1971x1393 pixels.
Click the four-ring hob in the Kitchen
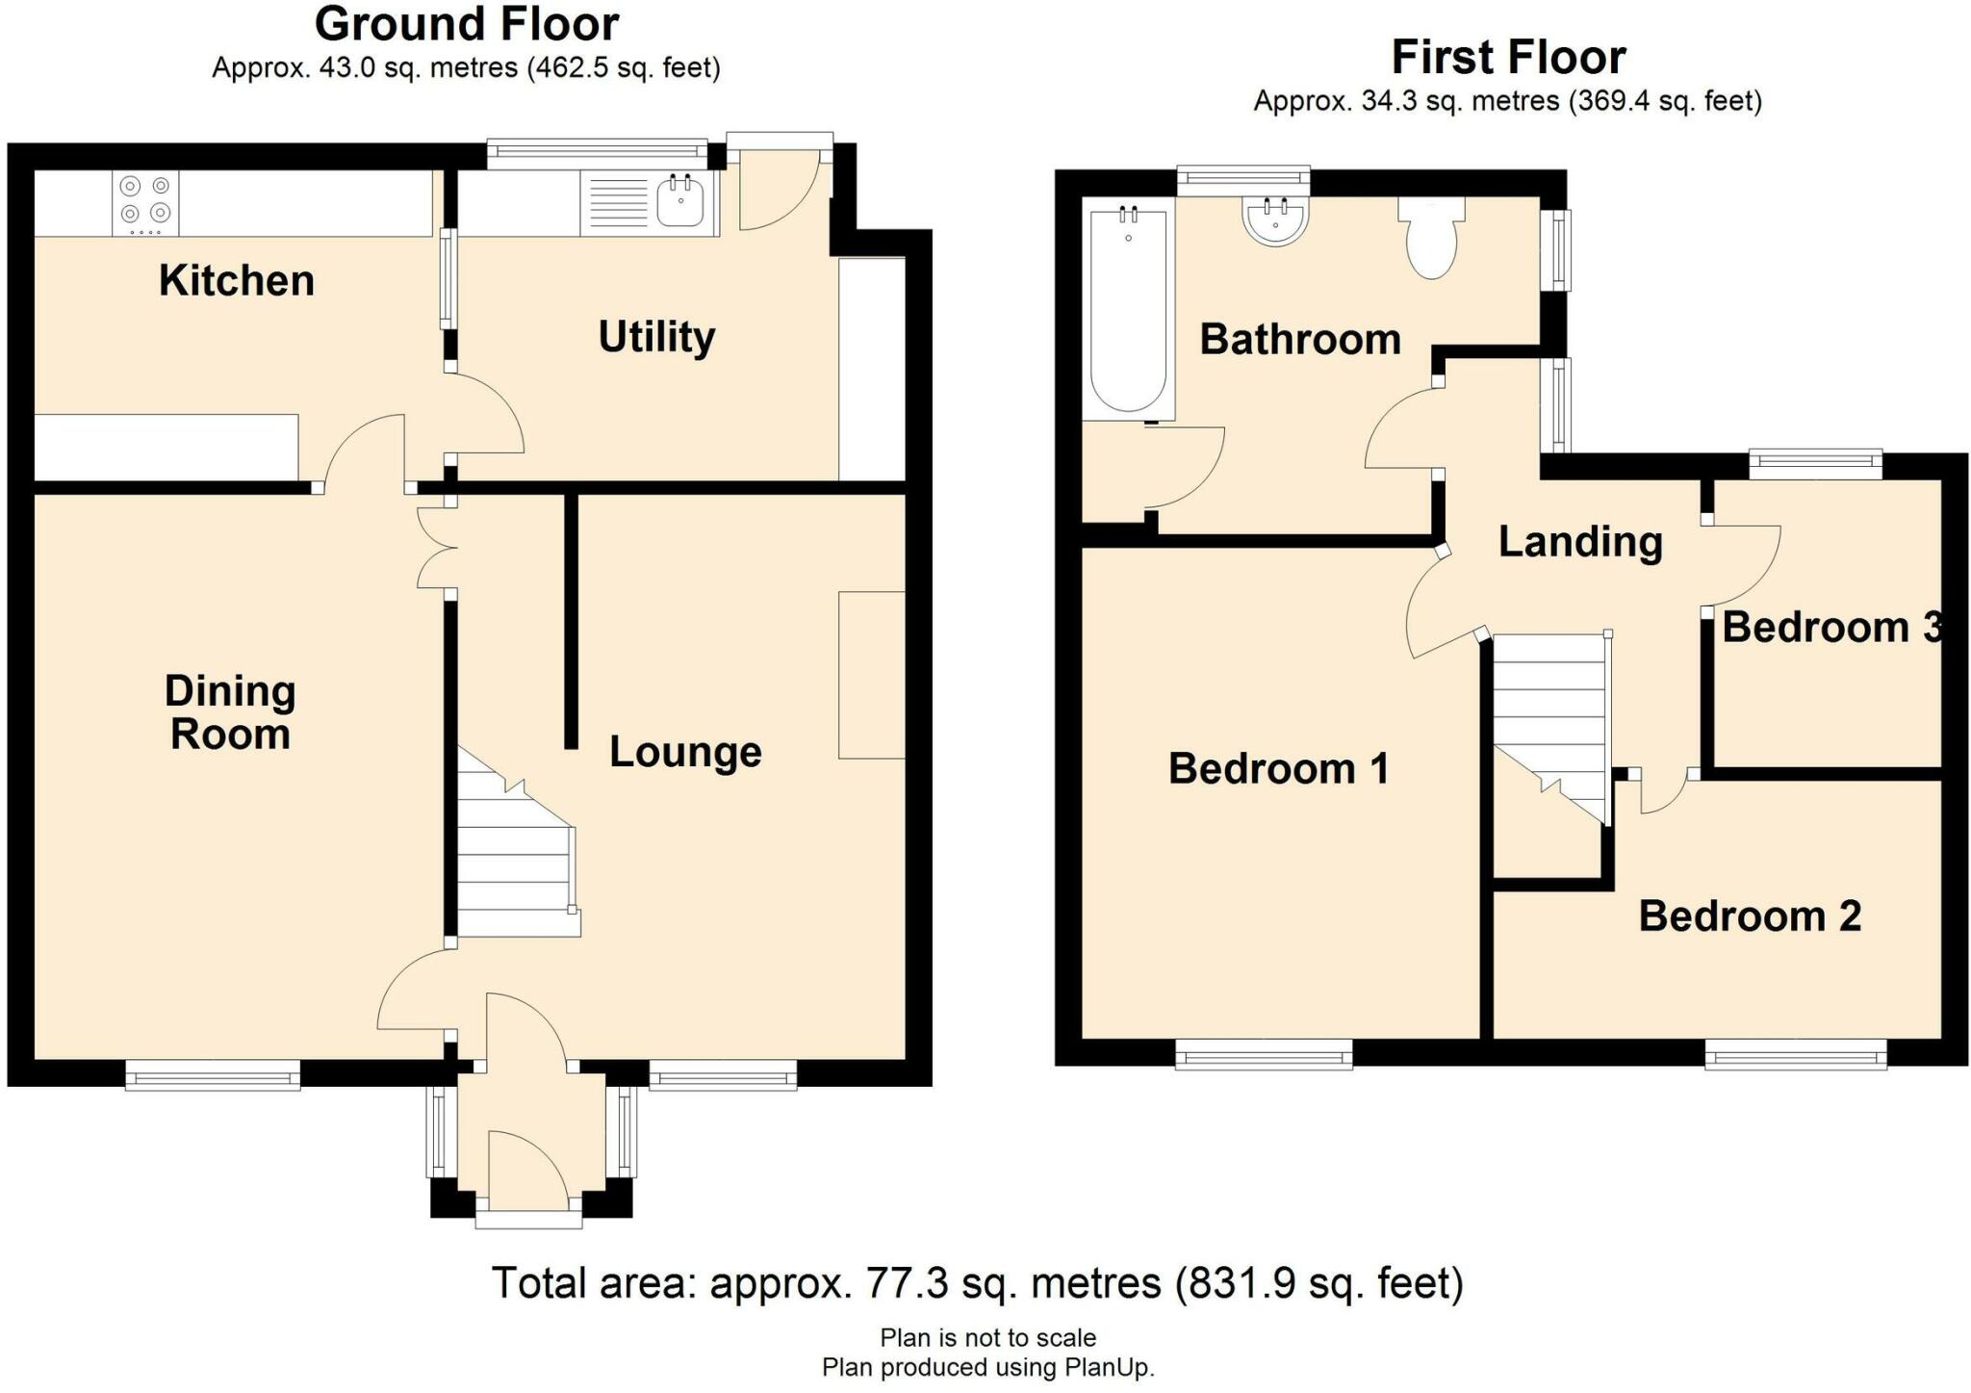coord(145,203)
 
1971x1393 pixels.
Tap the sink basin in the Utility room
coord(680,202)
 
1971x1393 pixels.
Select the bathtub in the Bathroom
coord(1128,309)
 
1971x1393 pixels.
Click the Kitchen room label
coord(237,281)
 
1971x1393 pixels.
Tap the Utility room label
coord(657,338)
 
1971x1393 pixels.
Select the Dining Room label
coord(230,712)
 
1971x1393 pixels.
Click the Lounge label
coord(685,752)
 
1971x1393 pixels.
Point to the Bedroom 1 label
coord(1278,768)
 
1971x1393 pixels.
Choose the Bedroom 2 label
coord(1750,916)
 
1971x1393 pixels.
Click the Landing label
coord(1580,543)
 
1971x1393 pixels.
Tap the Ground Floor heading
coord(467,24)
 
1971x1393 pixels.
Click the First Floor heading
coord(1508,57)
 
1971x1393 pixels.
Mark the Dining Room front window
coord(213,1074)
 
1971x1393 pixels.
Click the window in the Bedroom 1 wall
coord(1264,1054)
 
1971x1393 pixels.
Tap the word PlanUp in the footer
coord(1108,1367)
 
